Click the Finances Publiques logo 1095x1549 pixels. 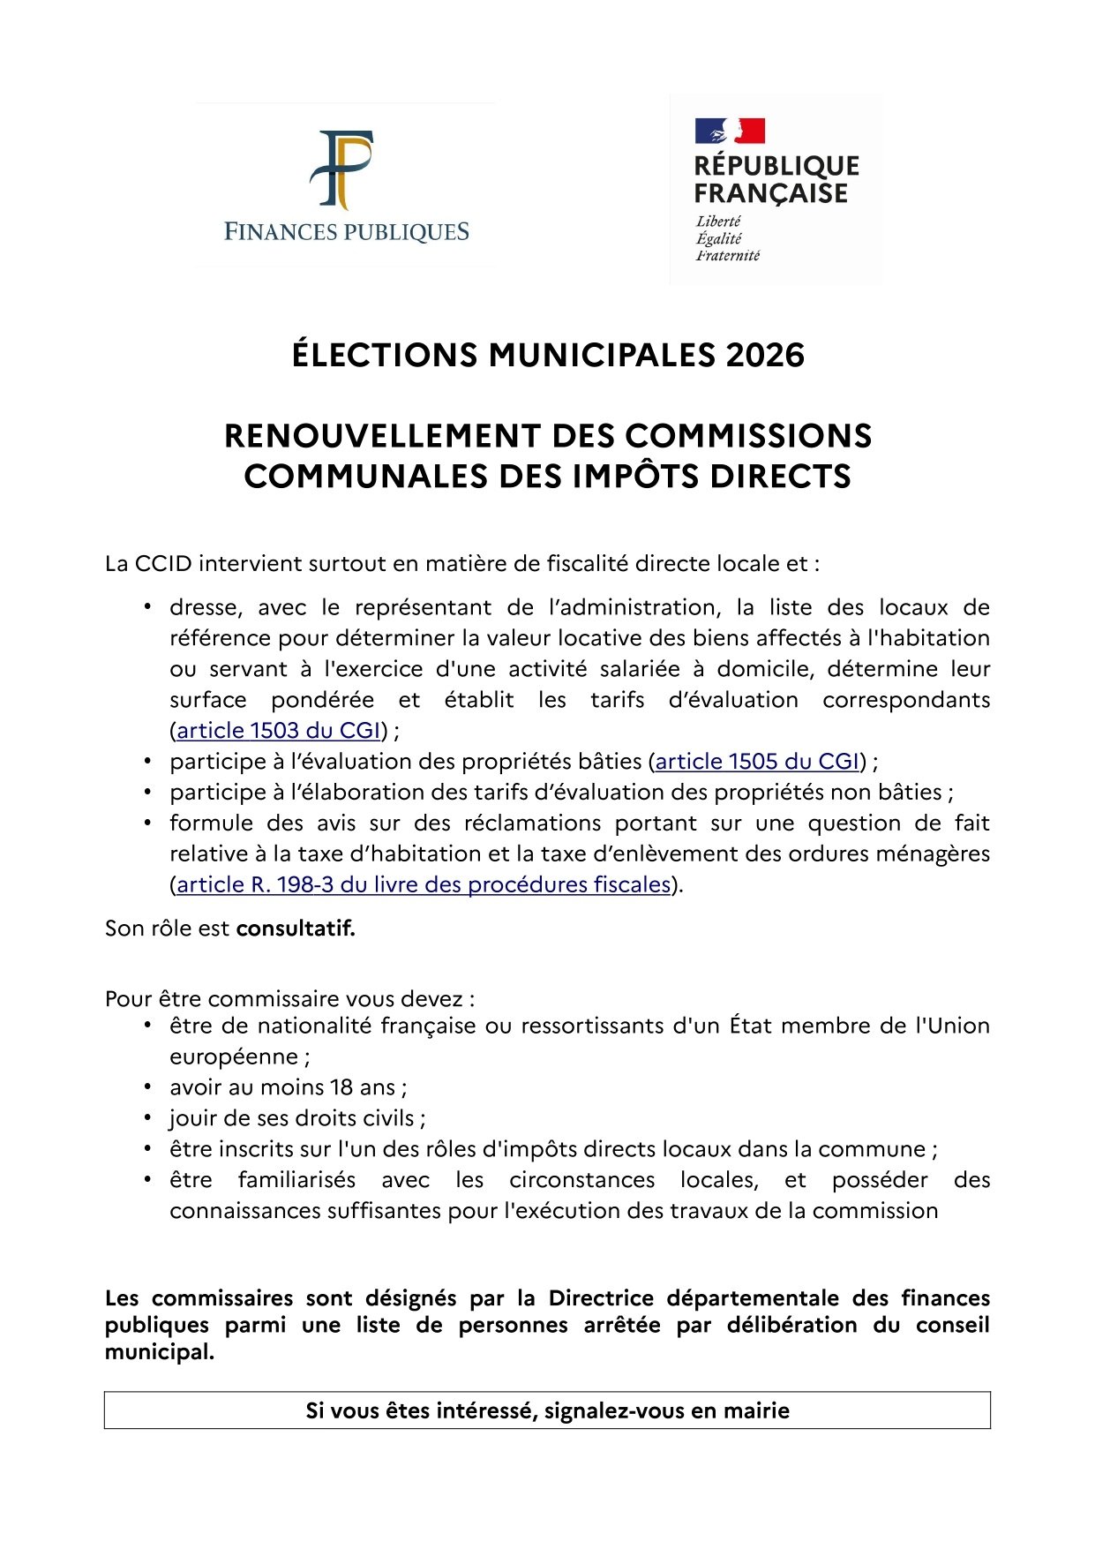tap(346, 185)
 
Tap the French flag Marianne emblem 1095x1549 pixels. tap(730, 132)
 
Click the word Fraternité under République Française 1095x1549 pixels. tap(728, 256)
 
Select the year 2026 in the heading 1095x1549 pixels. tap(765, 355)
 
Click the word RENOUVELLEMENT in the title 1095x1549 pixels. tap(382, 436)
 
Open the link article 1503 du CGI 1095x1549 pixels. tap(279, 731)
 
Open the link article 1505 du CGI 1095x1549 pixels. tap(757, 762)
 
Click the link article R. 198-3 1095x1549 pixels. tap(424, 884)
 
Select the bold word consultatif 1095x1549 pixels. tap(296, 929)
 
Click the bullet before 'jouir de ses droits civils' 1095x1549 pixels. tap(148, 1118)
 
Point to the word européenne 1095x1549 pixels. tap(235, 1056)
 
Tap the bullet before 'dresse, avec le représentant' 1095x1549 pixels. tap(148, 607)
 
